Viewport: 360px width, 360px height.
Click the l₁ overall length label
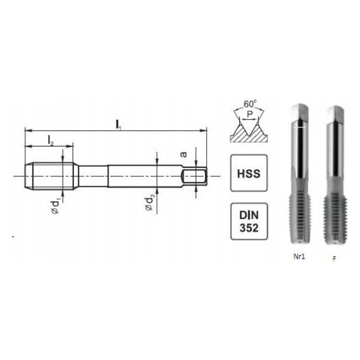point(118,125)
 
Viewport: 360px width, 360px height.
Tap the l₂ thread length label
point(51,141)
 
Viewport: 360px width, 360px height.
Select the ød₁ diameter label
point(56,207)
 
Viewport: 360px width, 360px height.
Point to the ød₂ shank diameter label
point(149,203)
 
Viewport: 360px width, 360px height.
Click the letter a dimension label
point(184,154)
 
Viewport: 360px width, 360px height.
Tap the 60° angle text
point(250,104)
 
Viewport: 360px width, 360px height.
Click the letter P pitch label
point(250,114)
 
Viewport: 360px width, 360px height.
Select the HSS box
point(249,173)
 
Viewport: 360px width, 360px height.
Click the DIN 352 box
point(249,221)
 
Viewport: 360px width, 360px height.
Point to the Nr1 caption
point(299,256)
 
